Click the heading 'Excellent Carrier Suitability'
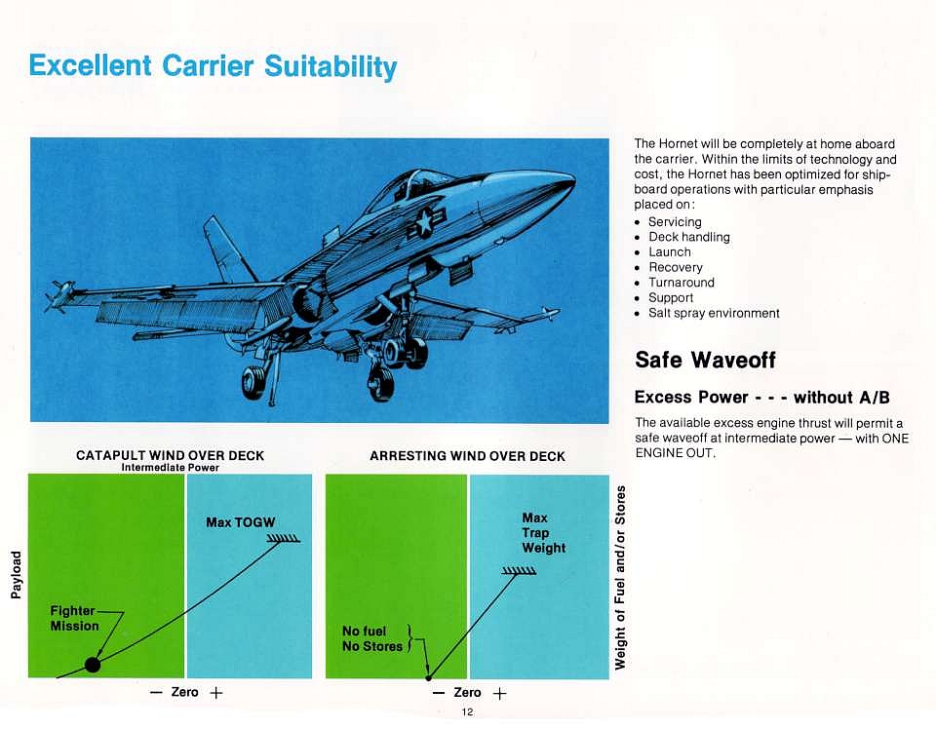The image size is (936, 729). pyautogui.click(x=213, y=66)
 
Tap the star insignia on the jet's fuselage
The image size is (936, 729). pyautogui.click(x=424, y=221)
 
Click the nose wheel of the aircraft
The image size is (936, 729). pyautogui.click(x=253, y=382)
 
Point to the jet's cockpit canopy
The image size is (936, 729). pyautogui.click(x=418, y=182)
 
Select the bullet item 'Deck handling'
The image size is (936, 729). pyautogui.click(x=689, y=238)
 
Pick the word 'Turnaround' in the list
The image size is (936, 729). pyautogui.click(x=682, y=283)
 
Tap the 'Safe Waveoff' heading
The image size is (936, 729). pyautogui.click(x=705, y=360)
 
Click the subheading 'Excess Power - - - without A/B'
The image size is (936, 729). pyautogui.click(x=761, y=398)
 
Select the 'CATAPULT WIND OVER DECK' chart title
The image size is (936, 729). pyautogui.click(x=170, y=455)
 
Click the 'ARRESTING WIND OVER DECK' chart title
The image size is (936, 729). pyautogui.click(x=467, y=456)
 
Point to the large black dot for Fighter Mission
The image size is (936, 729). pyautogui.click(x=93, y=664)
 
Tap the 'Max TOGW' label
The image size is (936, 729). pyautogui.click(x=241, y=522)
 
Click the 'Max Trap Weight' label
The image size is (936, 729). pyautogui.click(x=543, y=533)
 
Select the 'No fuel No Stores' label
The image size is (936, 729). pyautogui.click(x=371, y=639)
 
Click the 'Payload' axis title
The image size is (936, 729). pyautogui.click(x=17, y=574)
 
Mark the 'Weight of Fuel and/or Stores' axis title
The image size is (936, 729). pyautogui.click(x=620, y=578)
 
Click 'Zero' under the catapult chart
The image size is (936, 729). pyautogui.click(x=184, y=692)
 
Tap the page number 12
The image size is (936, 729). pyautogui.click(x=467, y=711)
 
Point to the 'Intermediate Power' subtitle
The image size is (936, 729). pyautogui.click(x=170, y=468)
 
